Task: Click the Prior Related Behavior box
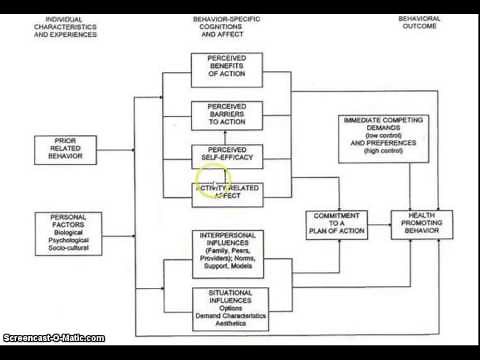(x=64, y=149)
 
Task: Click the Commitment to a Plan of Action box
(x=330, y=225)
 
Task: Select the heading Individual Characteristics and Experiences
(x=65, y=27)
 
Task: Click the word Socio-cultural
(x=66, y=244)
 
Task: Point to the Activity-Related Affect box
(x=234, y=193)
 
